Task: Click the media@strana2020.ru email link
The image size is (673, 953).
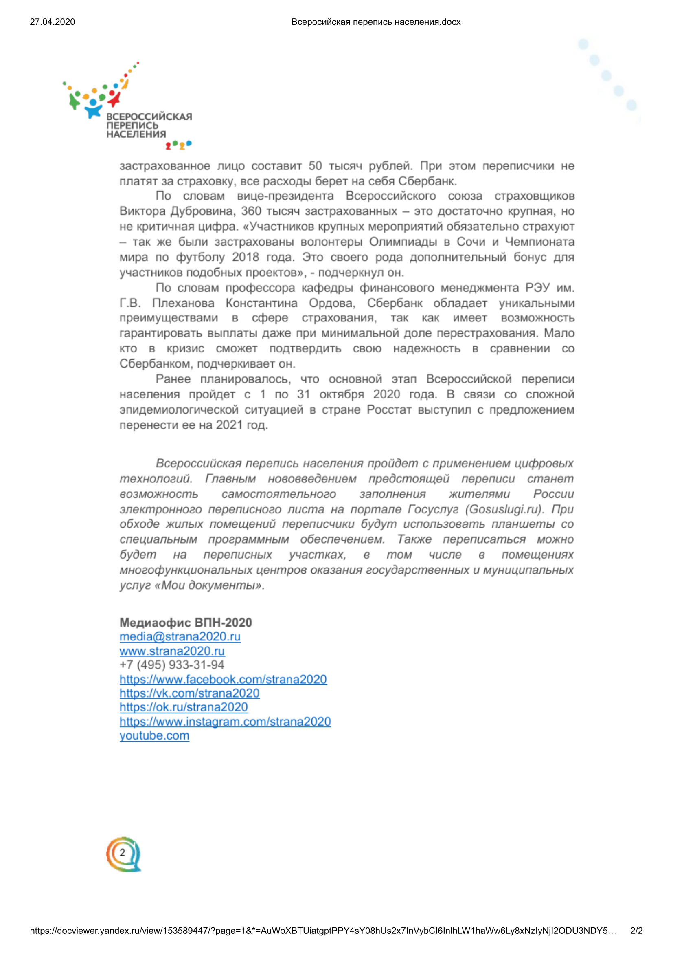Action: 180,637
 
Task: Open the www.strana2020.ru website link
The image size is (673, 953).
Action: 172,651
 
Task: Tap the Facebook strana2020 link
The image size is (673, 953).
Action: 223,679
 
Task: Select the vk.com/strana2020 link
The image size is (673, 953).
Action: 189,693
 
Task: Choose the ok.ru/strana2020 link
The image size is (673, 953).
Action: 184,707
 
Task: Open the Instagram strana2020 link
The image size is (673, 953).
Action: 225,722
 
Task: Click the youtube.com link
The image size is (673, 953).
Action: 154,735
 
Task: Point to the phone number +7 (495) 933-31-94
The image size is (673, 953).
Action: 172,665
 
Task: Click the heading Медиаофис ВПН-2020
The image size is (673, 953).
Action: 185,623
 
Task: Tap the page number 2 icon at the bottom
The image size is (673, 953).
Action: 123,852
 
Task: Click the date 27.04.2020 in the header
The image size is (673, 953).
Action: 52,22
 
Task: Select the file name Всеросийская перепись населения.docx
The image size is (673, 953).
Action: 376,22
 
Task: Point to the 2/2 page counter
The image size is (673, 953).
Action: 636,931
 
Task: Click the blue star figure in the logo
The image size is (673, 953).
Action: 93,109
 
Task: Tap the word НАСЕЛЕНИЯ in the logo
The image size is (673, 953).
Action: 136,134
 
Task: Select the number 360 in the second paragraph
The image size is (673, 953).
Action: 251,211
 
